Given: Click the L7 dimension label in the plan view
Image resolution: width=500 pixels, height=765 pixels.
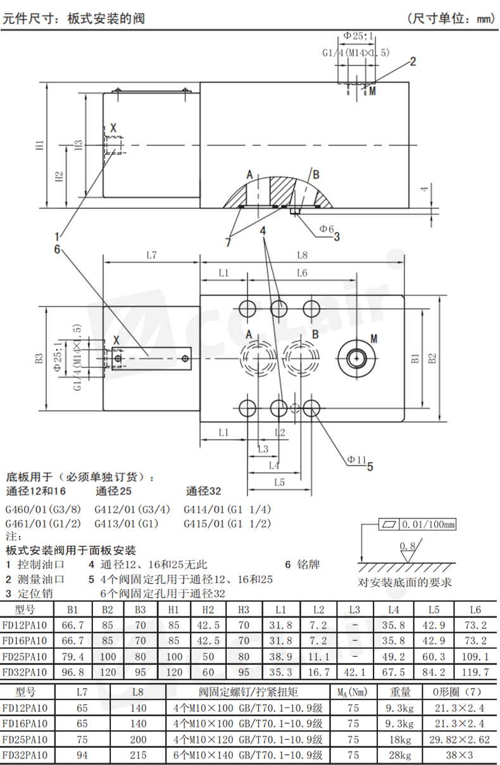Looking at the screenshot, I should coord(151,255).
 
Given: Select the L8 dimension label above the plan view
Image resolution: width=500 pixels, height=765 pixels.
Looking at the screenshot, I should coord(302,255).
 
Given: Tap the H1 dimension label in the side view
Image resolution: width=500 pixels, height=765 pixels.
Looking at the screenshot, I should coord(40,145).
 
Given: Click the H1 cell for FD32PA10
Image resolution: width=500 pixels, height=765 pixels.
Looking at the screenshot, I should coord(175,671).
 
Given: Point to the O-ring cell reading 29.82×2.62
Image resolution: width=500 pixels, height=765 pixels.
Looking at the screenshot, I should coord(461,739).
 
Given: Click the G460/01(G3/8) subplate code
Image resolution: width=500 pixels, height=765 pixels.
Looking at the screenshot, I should coord(44,509).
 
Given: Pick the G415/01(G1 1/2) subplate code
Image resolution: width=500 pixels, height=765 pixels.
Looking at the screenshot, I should coord(227,523).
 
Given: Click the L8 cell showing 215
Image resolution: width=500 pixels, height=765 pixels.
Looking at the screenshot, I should coord(138,755).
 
